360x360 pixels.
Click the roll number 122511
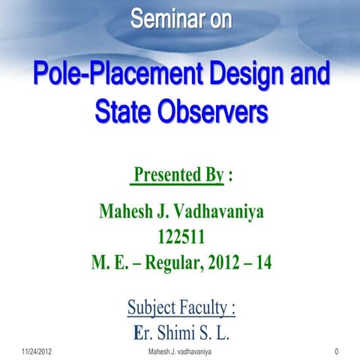coord(180,239)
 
